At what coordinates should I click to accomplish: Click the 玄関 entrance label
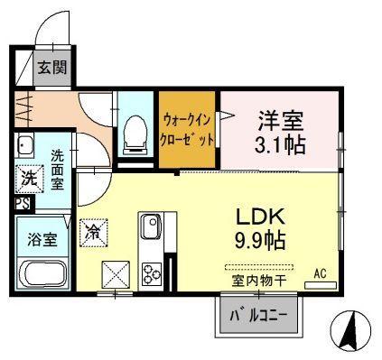coord(51,68)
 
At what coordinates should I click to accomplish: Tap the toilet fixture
coord(135,134)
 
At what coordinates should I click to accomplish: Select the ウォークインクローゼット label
coord(187,130)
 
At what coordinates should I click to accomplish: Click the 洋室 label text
coord(280,120)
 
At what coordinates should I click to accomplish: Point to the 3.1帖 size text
coord(280,144)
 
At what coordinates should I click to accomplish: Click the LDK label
coord(260,217)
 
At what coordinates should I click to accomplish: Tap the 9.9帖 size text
coord(260,241)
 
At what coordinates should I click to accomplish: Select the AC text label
coord(320,274)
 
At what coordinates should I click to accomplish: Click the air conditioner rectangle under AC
coord(321,285)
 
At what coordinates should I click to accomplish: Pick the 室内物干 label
coord(258,281)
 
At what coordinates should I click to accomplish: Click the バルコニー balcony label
coord(258,316)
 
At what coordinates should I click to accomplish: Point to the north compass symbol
coord(350,329)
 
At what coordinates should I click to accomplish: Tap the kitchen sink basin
coord(152,226)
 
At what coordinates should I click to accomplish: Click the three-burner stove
coord(152,273)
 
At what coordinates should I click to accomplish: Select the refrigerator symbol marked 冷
coord(94,233)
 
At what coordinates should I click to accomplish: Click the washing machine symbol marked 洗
coord(30,179)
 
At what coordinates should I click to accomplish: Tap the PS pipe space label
coord(23,204)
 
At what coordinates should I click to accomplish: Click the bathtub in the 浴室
coord(42,273)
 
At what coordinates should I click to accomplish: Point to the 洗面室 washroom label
coord(57,170)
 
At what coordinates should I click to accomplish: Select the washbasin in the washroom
coord(24,145)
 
